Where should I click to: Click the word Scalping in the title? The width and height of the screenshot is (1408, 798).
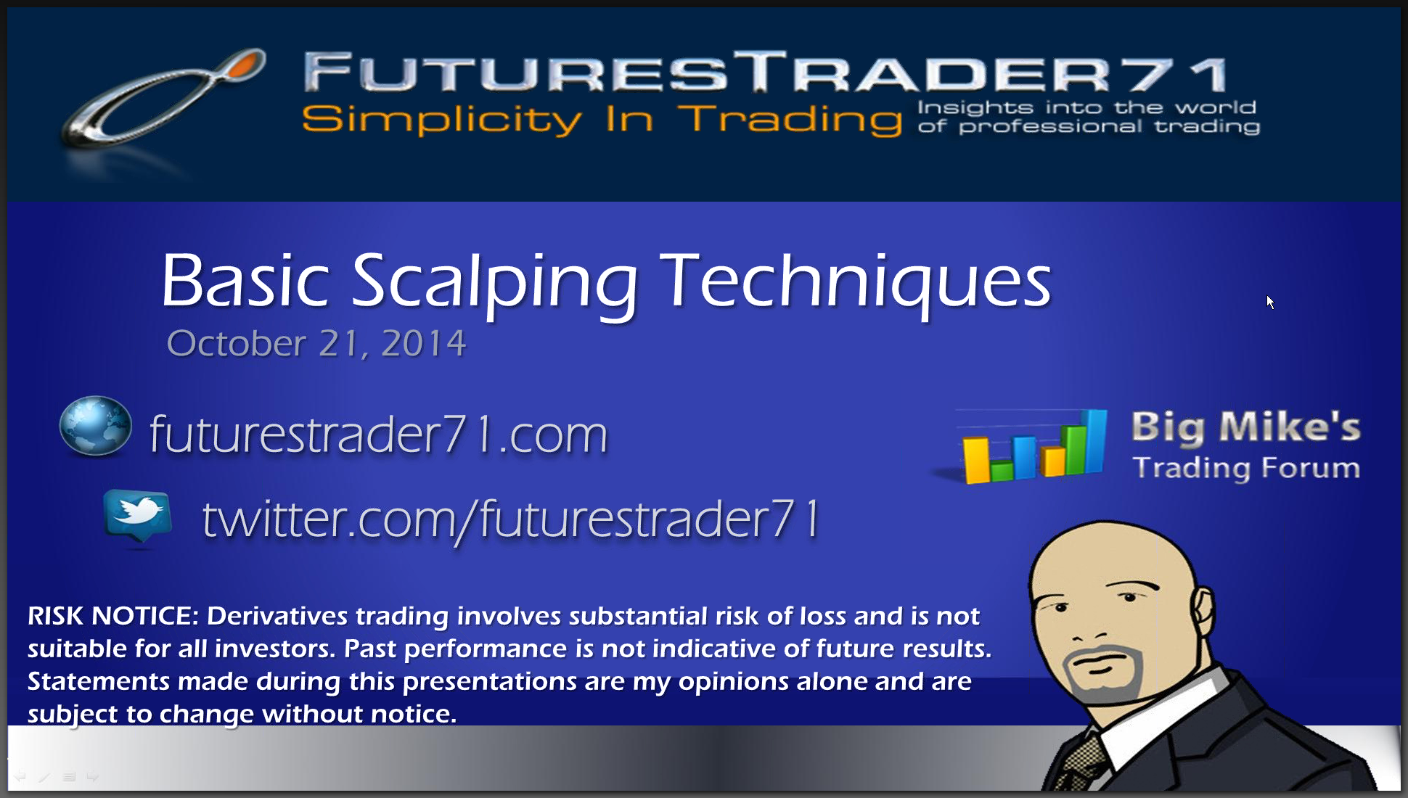point(494,284)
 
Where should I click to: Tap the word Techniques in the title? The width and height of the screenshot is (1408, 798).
point(859,283)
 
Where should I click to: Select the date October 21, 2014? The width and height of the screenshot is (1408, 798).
point(316,343)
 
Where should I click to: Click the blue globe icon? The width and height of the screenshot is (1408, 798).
point(96,426)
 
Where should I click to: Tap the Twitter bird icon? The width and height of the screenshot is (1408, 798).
point(138,516)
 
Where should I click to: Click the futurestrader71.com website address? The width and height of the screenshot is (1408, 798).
point(378,434)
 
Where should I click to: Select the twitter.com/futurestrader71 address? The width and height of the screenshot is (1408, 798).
point(511,520)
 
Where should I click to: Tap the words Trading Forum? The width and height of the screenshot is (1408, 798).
point(1246,468)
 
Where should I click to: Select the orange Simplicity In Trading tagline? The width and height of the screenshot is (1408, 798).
point(602,119)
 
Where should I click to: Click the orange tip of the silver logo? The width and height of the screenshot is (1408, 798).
point(245,63)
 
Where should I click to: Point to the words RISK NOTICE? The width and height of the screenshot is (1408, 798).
point(113,616)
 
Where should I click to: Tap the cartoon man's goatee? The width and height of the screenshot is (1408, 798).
point(1103,675)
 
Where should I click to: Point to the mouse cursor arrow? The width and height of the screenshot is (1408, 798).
point(1270,302)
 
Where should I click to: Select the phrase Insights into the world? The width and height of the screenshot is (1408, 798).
point(1086,107)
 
